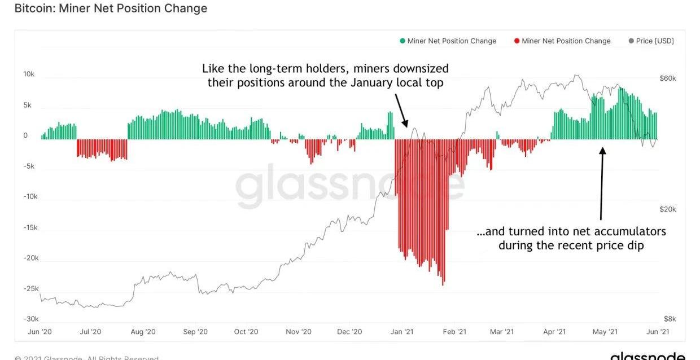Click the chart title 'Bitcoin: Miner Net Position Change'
coord(110,8)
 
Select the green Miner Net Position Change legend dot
coord(403,41)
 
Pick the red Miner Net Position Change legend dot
coord(517,41)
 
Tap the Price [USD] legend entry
coord(651,41)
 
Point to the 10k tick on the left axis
coord(29,74)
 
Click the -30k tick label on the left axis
coord(30,319)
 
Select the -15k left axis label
coord(30,227)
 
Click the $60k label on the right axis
coord(668,78)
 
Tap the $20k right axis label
coord(668,209)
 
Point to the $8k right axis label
coord(669,319)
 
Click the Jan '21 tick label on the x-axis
coord(402,332)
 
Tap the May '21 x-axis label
coord(605,332)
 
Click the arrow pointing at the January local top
coord(400,109)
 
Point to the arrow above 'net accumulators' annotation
coord(602,183)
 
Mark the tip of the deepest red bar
coord(443,284)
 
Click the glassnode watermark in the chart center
coord(350,183)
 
